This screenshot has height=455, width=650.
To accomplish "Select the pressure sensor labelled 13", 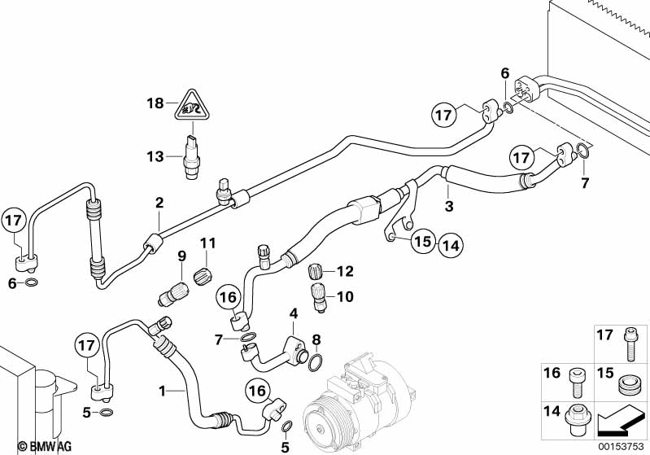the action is [191, 157].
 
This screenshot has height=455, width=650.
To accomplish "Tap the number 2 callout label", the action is [159, 203].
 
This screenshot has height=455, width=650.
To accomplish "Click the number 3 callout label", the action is [449, 206].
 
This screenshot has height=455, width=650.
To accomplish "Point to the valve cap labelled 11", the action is [203, 274].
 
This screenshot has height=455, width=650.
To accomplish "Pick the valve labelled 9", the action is [174, 293].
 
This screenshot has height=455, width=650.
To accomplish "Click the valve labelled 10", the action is [318, 296].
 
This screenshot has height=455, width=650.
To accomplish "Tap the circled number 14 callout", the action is [451, 246].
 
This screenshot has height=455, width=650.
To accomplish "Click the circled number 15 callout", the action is [423, 241].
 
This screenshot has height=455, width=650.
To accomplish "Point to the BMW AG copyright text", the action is [45, 446].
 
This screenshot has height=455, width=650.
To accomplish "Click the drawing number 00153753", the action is [621, 446].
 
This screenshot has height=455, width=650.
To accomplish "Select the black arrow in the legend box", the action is [620, 422].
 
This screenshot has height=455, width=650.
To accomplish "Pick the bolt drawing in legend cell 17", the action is [630, 344].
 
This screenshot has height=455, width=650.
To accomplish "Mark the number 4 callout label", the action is [294, 313].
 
